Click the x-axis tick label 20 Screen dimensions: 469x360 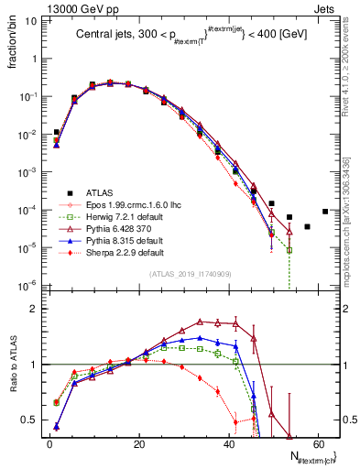138,445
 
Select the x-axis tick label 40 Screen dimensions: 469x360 228,445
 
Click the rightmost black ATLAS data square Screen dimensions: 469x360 325,212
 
